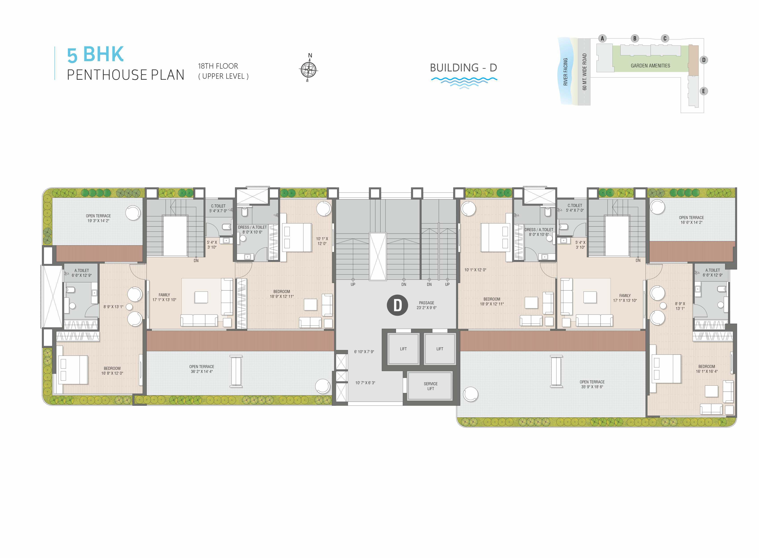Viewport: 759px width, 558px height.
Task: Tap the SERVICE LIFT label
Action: tap(430, 386)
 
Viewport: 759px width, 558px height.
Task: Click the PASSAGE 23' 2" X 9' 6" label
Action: tap(427, 305)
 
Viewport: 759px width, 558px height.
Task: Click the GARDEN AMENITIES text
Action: tap(650, 66)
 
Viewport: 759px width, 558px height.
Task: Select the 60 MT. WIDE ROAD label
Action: tap(584, 72)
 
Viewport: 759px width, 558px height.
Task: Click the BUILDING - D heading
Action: tap(463, 68)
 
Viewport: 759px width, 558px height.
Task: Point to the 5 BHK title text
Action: tap(95, 54)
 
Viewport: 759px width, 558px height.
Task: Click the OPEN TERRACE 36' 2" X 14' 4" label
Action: tap(202, 369)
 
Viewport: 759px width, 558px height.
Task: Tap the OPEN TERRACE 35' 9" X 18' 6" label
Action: tap(592, 384)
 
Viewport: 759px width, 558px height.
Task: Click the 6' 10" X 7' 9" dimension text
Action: tap(364, 352)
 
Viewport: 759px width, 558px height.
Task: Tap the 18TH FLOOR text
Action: tap(218, 66)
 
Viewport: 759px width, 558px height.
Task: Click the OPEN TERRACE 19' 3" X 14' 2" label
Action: tap(98, 218)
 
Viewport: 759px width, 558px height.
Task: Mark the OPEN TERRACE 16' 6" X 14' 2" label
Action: tap(691, 220)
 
